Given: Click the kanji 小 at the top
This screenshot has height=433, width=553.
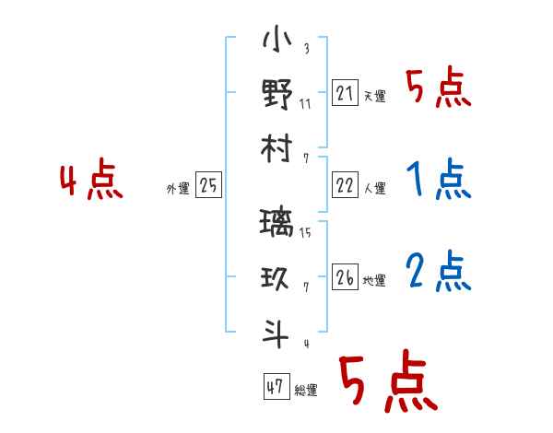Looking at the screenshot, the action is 276,41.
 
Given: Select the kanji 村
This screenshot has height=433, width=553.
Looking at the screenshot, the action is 276,149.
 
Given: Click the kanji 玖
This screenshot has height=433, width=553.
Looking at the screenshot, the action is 276,277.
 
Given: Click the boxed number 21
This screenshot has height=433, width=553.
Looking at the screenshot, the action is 345,93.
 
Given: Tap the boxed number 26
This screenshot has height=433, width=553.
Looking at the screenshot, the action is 345,278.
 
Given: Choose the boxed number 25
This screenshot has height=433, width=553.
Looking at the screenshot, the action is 208,186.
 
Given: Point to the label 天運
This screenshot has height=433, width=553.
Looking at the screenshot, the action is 374,96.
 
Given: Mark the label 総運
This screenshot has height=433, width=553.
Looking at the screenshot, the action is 306,390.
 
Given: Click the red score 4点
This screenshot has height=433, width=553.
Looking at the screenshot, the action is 91,181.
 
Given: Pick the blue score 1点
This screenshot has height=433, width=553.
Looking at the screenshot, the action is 438,179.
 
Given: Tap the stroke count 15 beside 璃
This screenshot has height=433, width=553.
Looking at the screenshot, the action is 305,232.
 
